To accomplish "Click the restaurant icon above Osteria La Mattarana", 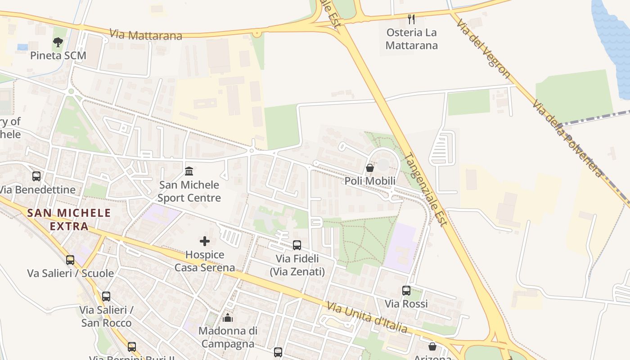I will [411, 19].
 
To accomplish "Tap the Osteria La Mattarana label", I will [411, 39].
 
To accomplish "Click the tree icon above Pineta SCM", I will [58, 42].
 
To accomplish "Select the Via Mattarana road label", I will [146, 35].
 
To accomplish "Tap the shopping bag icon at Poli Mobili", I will [370, 168].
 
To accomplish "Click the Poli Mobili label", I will [370, 181].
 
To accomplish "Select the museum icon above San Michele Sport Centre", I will [189, 171].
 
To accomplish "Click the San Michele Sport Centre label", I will [189, 191].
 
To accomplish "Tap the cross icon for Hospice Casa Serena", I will [205, 241].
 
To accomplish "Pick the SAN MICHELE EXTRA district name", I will [69, 219].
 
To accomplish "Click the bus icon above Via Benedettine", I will [36, 176].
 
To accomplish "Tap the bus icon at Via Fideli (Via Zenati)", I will [297, 245].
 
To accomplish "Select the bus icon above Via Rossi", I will [406, 291].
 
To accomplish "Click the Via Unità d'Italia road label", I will [367, 317].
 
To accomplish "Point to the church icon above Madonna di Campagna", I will [228, 318].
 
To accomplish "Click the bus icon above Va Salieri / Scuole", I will [70, 260].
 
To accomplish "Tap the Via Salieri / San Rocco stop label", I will [106, 316].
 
